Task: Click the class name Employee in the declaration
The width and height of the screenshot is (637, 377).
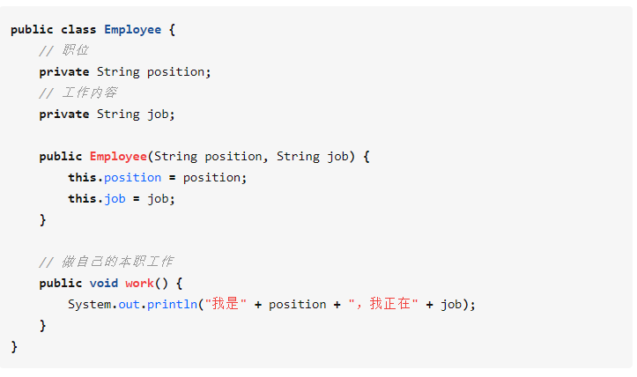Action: [x=132, y=29]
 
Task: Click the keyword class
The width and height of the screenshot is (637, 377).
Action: [x=78, y=29]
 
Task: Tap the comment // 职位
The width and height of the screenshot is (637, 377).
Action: [x=63, y=50]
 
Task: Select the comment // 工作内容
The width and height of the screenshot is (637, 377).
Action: [x=78, y=92]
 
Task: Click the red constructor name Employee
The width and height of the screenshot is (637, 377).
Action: [x=118, y=156]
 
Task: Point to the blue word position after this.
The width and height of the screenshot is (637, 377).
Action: [x=132, y=177]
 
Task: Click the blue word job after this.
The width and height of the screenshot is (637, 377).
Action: [x=115, y=198]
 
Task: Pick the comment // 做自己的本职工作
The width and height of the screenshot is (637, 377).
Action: [x=106, y=262]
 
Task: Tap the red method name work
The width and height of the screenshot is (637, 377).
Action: [x=139, y=283]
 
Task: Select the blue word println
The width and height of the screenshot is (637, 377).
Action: [x=172, y=304]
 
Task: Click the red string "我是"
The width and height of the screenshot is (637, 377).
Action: [x=225, y=304]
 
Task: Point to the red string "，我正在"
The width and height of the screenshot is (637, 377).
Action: [x=383, y=304]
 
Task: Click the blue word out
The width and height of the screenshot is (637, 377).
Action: [x=129, y=304]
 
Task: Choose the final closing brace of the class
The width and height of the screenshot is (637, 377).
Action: [x=14, y=346]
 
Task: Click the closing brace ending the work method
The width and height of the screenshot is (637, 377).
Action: [x=42, y=325]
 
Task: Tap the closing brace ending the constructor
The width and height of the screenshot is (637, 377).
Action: [x=42, y=219]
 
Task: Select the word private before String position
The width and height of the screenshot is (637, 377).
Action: [x=63, y=71]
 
